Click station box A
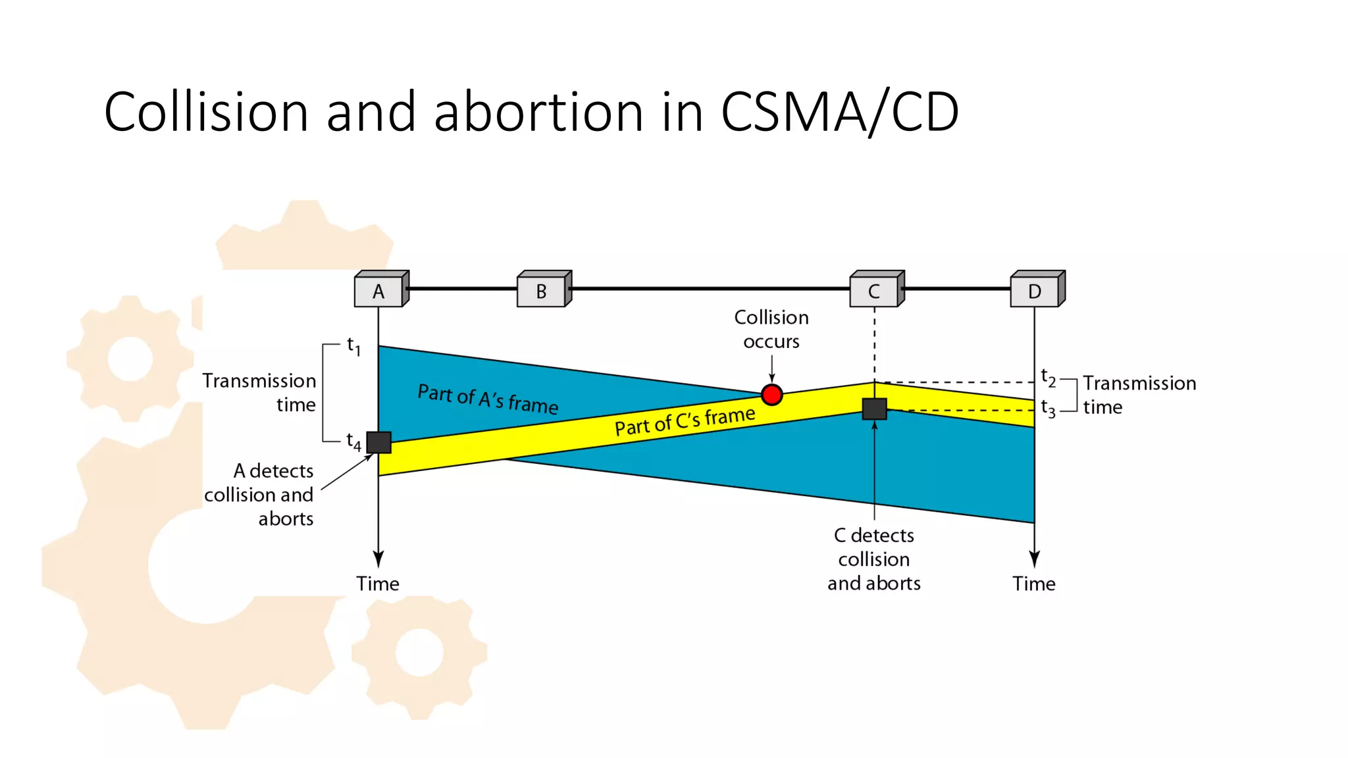tap(379, 291)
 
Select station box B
tap(542, 291)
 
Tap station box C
tap(874, 291)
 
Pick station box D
tap(1035, 291)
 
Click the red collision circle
tap(771, 395)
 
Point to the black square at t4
tap(378, 442)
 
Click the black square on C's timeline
tap(874, 409)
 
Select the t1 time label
tap(354, 345)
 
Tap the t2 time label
tap(1048, 378)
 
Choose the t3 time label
tap(1048, 409)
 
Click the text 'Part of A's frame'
tap(488, 399)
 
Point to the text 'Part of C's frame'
tap(685, 421)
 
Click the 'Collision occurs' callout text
tap(771, 329)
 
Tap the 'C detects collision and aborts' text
tap(874, 559)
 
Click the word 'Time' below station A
tap(378, 584)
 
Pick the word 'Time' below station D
tap(1034, 584)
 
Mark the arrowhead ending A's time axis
tap(378, 559)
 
